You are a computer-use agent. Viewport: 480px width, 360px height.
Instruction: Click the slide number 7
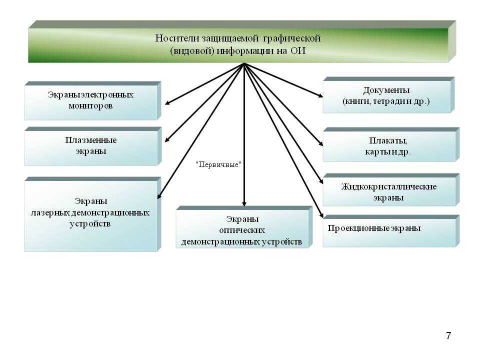click(448, 335)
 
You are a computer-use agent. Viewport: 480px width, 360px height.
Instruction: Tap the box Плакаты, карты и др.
click(388, 146)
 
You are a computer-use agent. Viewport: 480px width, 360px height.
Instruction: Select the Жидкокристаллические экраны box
click(388, 191)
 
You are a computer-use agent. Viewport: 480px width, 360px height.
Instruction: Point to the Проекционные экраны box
click(388, 231)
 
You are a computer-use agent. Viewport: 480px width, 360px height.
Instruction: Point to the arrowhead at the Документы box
click(320, 95)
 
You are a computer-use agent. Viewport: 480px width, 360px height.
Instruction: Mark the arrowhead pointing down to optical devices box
click(244, 203)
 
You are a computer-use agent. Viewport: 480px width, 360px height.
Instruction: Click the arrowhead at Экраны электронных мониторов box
click(167, 103)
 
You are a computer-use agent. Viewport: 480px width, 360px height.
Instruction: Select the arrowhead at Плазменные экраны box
click(167, 140)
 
